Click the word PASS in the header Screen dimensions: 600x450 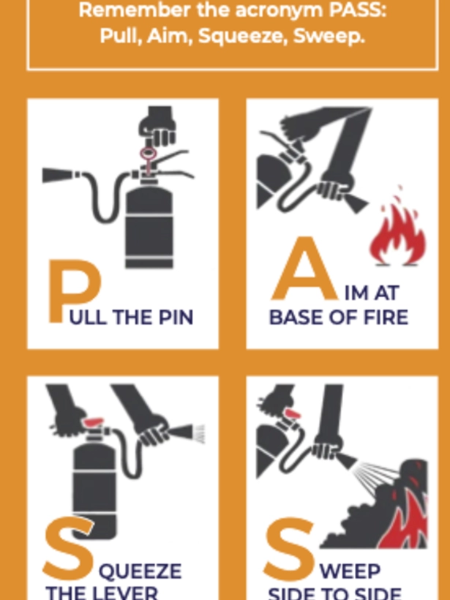pyautogui.click(x=345, y=11)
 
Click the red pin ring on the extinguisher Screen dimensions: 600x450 pyautogui.click(x=149, y=154)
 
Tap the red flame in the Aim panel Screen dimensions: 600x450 pyautogui.click(x=396, y=234)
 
